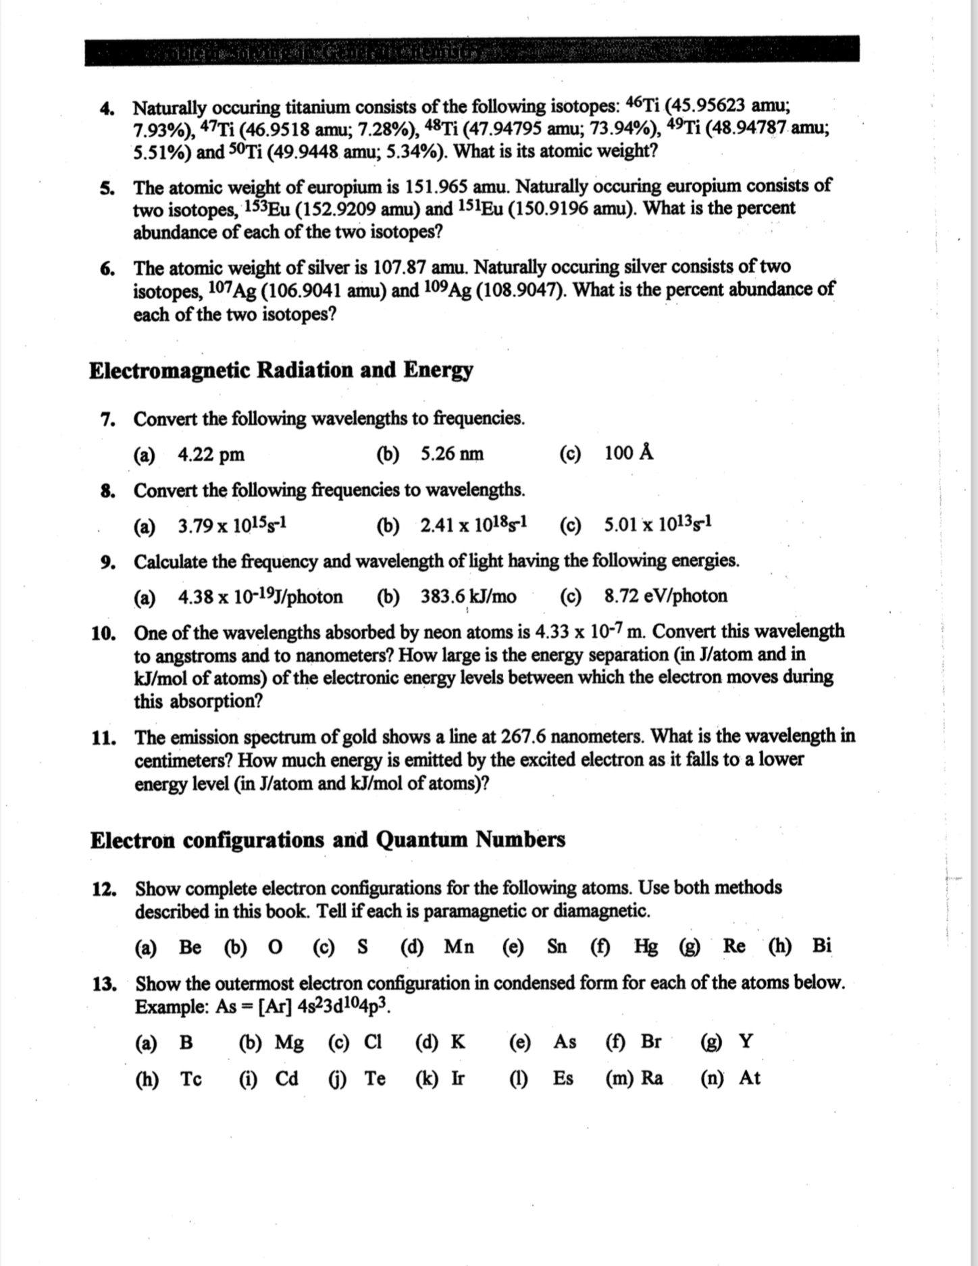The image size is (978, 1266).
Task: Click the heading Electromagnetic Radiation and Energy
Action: (x=281, y=370)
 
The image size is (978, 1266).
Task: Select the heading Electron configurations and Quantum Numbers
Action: (x=328, y=840)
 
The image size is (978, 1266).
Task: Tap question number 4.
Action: (x=106, y=108)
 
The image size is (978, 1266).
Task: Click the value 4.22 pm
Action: (x=211, y=455)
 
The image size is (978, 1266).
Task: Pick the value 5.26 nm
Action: (x=452, y=454)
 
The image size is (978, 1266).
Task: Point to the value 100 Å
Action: (x=629, y=453)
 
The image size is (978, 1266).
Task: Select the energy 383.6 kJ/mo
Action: (x=469, y=597)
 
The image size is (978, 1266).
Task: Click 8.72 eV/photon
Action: (x=666, y=596)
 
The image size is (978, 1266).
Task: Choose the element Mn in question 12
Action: (x=459, y=946)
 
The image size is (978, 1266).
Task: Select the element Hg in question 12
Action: (x=646, y=946)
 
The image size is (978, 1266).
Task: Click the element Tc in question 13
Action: (x=190, y=1079)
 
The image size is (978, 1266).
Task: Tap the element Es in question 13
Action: (x=563, y=1078)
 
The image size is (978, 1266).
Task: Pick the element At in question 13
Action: (x=750, y=1078)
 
